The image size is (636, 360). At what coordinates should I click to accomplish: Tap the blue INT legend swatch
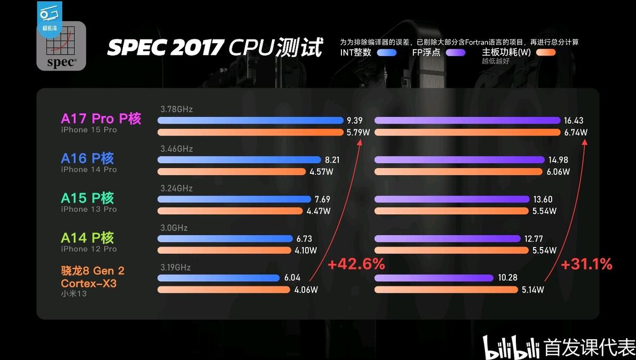386,52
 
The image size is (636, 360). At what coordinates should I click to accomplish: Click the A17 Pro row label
101,118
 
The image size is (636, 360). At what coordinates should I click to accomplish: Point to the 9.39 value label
354,121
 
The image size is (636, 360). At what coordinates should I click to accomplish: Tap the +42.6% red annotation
356,264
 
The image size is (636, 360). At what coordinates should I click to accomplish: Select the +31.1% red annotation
586,264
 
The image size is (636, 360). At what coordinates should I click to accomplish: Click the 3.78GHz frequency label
177,109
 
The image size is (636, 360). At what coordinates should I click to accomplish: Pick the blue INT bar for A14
225,239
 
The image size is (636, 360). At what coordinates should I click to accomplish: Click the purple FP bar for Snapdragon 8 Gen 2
434,278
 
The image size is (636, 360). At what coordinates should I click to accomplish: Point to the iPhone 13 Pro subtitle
89,209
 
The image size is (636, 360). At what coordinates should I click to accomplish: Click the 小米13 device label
74,293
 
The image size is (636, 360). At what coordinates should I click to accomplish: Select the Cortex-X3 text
89,283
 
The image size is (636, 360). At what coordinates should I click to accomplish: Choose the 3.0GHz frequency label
174,228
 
